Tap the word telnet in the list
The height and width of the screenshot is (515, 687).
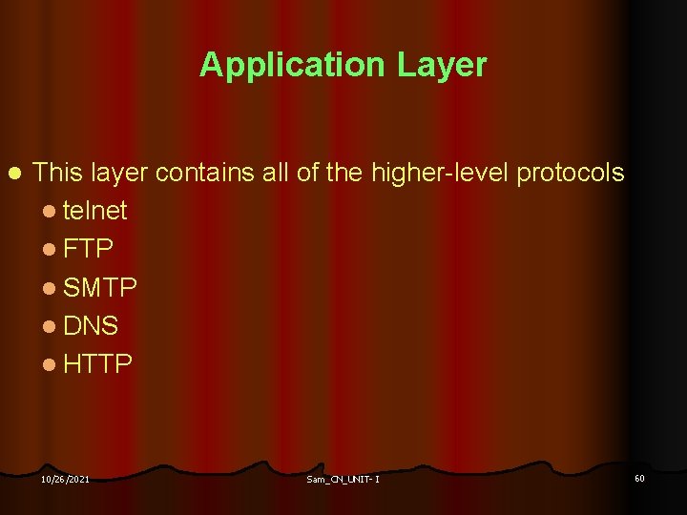pyautogui.click(x=95, y=210)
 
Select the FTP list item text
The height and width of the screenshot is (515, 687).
pyautogui.click(x=89, y=249)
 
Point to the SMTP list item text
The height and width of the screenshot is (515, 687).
pyautogui.click(x=100, y=287)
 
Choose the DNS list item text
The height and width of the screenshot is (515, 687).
pyautogui.click(x=91, y=326)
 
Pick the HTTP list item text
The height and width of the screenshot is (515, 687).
pyautogui.click(x=97, y=364)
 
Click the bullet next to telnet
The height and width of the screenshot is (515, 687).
pyautogui.click(x=51, y=211)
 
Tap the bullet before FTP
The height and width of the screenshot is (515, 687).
pyautogui.click(x=51, y=250)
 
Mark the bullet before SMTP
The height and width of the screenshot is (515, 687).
pyautogui.click(x=51, y=288)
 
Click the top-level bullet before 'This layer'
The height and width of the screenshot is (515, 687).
pyautogui.click(x=12, y=174)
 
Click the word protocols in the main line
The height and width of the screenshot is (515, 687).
pyautogui.click(x=570, y=173)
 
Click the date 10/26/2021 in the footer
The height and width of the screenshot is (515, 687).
pyautogui.click(x=65, y=479)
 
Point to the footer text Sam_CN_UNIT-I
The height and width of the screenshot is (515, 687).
pyautogui.click(x=343, y=479)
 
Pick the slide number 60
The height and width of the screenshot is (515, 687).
pyautogui.click(x=639, y=477)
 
